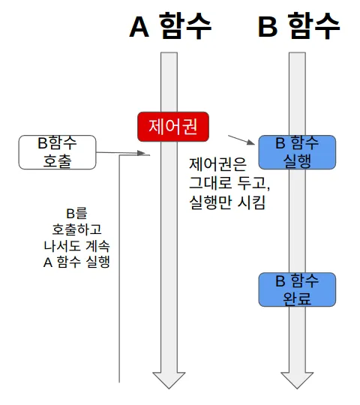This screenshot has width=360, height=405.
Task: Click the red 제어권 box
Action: point(173,127)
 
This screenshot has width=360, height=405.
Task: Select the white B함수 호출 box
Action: point(57,152)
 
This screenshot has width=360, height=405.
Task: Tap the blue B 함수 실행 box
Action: point(297,152)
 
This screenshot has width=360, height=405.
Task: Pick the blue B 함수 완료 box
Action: point(297,289)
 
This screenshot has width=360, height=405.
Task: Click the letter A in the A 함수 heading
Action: point(139,27)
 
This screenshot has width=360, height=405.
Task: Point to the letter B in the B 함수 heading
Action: point(268,27)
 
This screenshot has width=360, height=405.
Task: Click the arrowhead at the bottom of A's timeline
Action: point(169,380)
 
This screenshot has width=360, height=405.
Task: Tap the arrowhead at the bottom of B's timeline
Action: point(297,380)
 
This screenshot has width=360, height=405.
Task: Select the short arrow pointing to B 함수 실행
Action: point(241,139)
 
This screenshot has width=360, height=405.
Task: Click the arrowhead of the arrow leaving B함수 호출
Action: point(141,153)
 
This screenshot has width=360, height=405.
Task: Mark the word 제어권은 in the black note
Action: point(217,164)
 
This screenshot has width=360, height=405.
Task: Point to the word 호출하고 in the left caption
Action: point(76,229)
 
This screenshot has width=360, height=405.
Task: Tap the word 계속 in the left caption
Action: point(97,246)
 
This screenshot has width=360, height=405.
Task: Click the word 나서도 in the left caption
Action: point(62,246)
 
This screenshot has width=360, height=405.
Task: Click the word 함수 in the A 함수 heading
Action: point(186,26)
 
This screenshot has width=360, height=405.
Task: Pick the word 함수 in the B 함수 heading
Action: point(313,26)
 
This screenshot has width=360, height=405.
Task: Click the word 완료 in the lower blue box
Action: point(297,298)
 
